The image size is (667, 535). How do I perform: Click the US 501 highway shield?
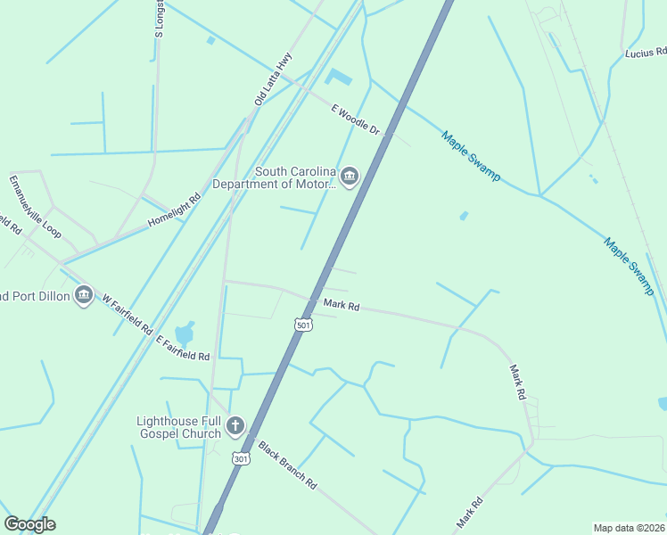(304, 325)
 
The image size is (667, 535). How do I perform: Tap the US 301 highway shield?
(241, 457)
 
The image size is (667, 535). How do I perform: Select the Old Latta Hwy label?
(273, 79)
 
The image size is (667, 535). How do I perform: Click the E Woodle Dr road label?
(356, 119)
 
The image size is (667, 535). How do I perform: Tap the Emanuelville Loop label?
(35, 207)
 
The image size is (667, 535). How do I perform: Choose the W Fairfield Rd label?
(127, 314)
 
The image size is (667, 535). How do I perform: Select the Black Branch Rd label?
(287, 465)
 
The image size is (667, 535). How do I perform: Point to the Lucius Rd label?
(645, 53)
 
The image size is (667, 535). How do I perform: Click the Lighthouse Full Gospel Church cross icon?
(235, 426)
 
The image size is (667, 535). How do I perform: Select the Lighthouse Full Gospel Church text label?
(177, 427)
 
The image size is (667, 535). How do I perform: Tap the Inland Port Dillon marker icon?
(84, 293)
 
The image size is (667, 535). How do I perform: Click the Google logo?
(29, 524)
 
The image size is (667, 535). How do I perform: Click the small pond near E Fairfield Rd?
(185, 334)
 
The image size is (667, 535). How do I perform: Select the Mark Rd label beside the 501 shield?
(342, 306)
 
